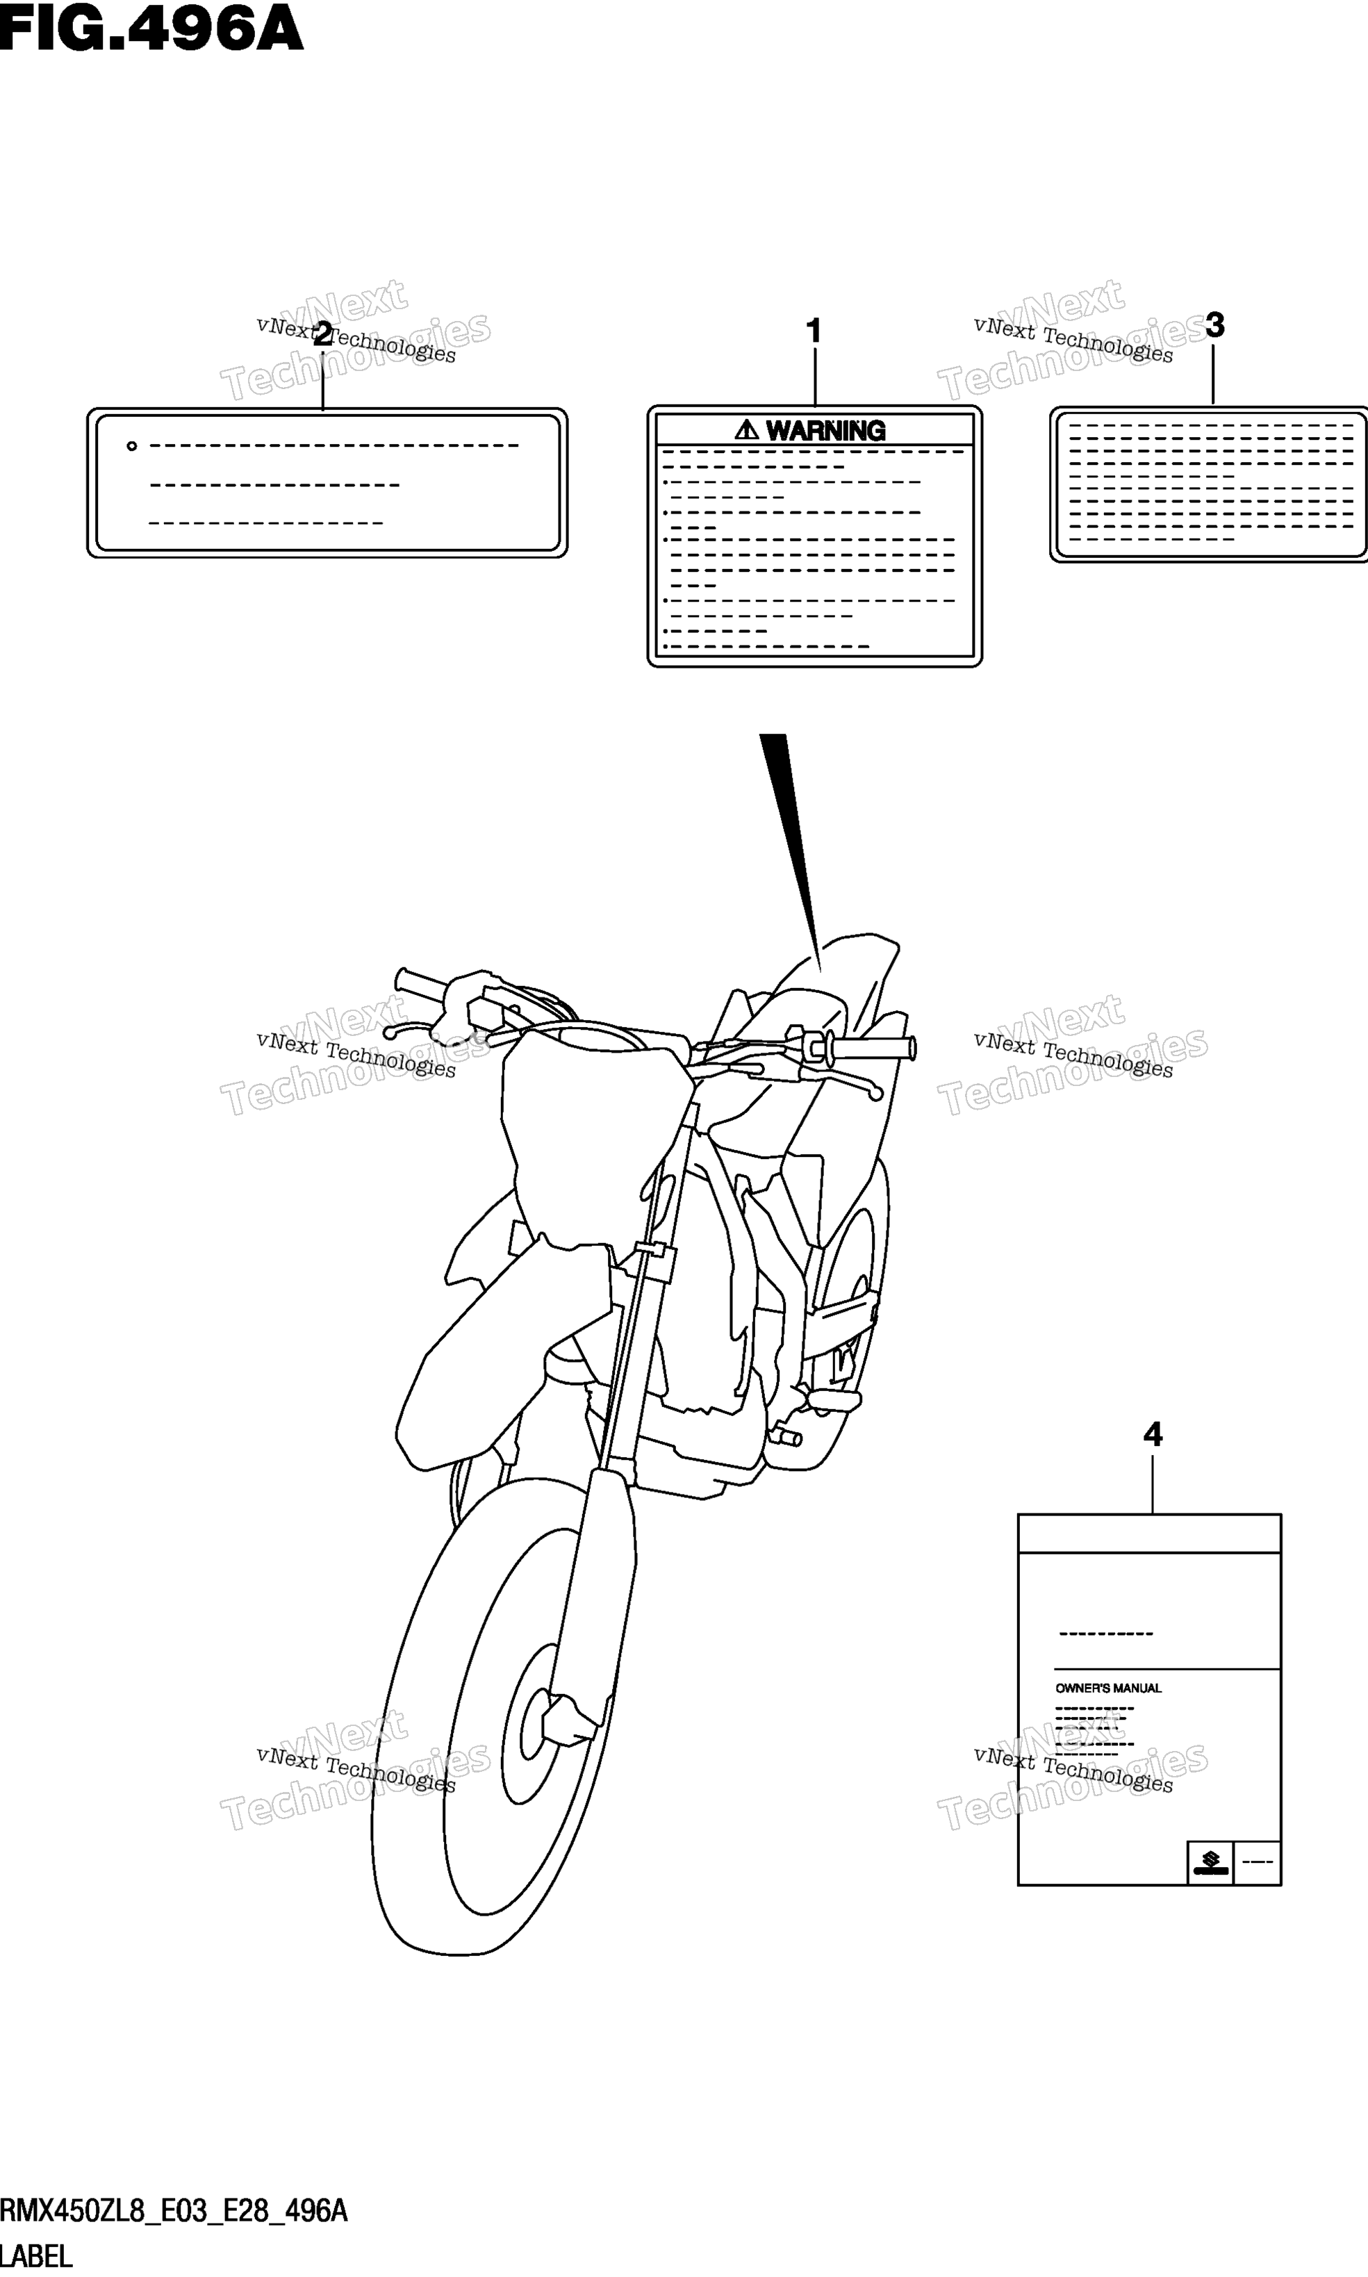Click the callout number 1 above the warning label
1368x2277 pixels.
(813, 331)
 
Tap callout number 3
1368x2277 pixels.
(1215, 324)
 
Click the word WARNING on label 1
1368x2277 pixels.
(825, 431)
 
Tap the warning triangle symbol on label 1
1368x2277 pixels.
(747, 429)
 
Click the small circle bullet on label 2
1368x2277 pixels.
(132, 446)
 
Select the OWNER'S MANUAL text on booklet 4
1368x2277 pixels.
(1108, 1688)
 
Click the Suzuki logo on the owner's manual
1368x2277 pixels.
(1210, 1862)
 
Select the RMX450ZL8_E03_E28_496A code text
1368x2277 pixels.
(173, 2210)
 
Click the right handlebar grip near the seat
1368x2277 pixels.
(871, 1048)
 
